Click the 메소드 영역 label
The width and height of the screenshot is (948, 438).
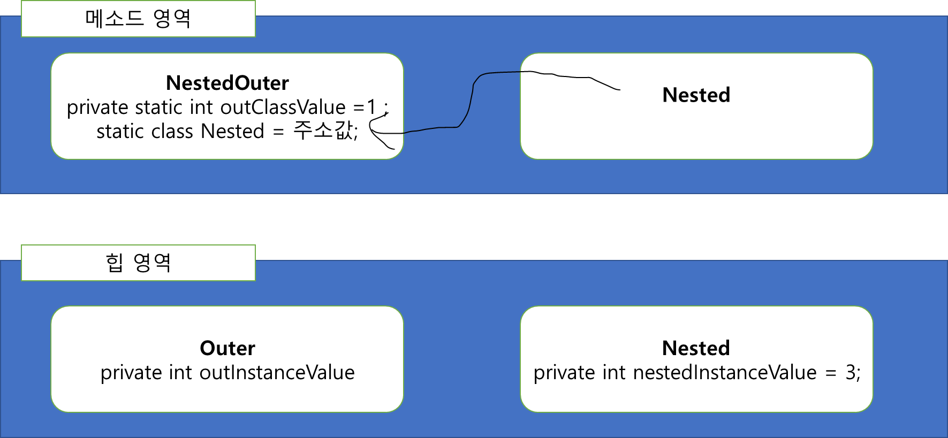(x=138, y=19)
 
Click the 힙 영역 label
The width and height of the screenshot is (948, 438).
(x=138, y=263)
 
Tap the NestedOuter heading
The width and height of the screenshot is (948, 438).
(x=227, y=83)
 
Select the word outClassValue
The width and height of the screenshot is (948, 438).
(x=283, y=107)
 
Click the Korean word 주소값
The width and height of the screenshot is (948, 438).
(x=323, y=131)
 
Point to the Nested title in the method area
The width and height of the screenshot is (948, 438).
(x=696, y=95)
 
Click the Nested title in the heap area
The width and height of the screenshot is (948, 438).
(x=696, y=348)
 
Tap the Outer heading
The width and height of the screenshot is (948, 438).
(x=227, y=348)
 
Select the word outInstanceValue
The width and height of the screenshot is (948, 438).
(x=277, y=373)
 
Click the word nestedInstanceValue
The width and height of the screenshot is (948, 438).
(x=725, y=373)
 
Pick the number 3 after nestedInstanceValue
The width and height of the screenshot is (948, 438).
(x=851, y=373)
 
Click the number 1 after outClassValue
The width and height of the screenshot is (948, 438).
(x=371, y=107)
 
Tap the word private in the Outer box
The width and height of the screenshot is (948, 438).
(x=131, y=373)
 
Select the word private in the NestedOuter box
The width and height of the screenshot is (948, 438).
(x=97, y=107)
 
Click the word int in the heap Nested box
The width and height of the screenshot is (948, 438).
(x=613, y=373)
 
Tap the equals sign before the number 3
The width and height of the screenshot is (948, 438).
(x=830, y=373)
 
